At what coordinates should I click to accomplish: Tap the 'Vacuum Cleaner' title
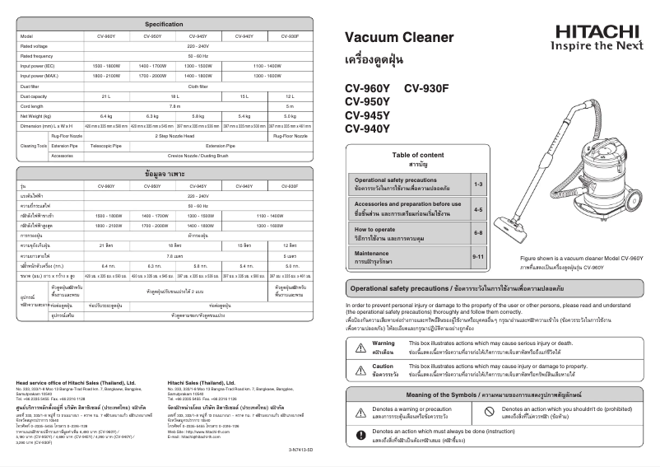coord(398,38)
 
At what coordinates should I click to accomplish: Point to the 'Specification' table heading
coord(164,24)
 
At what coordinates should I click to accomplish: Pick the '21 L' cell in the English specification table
coord(106,96)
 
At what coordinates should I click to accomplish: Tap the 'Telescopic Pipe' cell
coord(106,145)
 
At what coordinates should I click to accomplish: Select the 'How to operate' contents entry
coord(375,229)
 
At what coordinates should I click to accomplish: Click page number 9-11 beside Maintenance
coord(479,258)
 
